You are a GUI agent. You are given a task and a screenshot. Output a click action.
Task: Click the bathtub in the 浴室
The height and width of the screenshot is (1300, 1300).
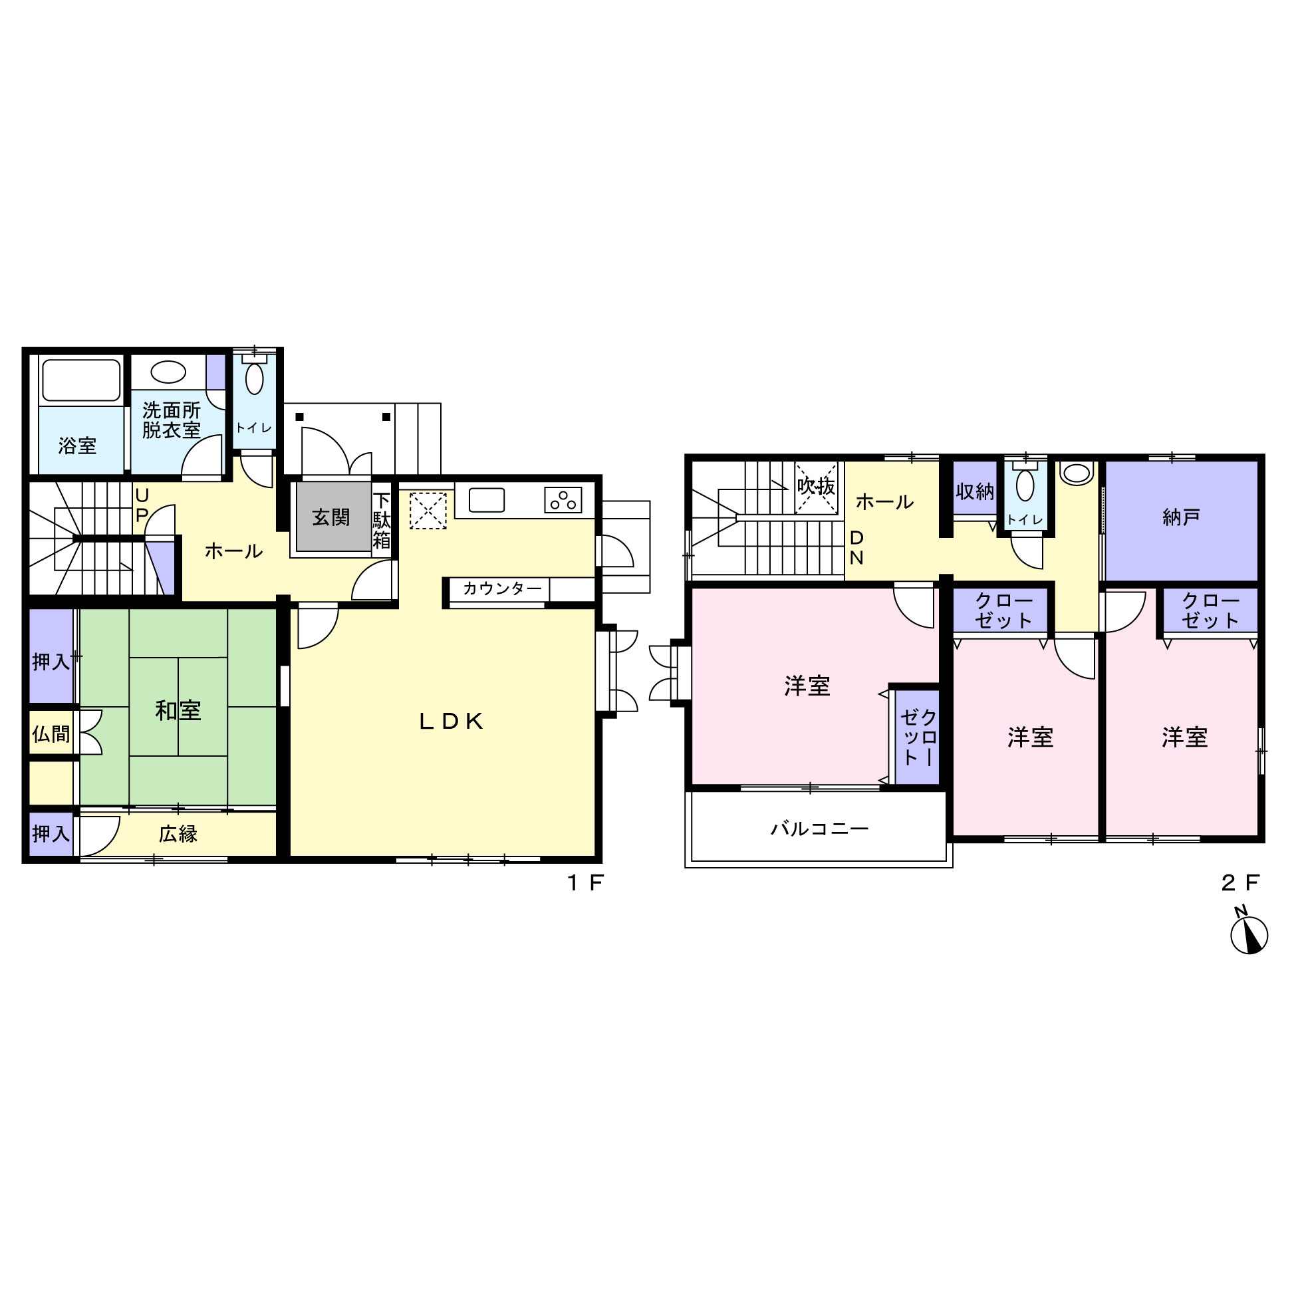pos(81,380)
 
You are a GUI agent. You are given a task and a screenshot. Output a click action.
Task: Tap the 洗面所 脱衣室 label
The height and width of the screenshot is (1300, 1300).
pos(172,420)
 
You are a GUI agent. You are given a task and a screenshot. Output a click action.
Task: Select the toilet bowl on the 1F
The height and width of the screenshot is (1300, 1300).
pos(254,378)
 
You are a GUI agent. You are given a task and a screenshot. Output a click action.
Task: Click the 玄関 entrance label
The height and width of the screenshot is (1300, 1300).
pos(331,517)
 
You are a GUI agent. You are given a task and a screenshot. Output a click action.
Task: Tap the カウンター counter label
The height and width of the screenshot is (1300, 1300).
pos(502,588)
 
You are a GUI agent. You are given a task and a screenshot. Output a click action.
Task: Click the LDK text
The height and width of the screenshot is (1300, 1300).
pos(451,721)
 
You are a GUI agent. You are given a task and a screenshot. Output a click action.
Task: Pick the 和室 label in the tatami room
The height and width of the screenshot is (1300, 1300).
pos(178,711)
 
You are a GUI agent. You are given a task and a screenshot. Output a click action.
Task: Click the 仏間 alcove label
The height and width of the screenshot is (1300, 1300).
pos(51,734)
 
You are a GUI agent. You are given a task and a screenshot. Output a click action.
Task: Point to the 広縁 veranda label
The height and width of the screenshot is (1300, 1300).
pos(178,835)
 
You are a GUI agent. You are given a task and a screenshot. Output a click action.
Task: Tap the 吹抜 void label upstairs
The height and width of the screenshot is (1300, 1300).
pos(816,486)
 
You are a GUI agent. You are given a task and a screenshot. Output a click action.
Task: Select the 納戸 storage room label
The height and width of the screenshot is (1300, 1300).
pos(1181,517)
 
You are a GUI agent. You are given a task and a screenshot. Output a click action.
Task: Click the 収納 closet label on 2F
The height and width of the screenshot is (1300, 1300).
pos(975,492)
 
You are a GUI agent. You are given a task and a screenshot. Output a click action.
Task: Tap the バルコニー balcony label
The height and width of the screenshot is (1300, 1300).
pos(819,829)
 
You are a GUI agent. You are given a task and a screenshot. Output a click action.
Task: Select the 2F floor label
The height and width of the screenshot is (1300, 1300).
pos(1240,882)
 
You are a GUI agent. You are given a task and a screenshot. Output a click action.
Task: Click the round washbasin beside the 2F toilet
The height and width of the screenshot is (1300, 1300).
pos(1077,473)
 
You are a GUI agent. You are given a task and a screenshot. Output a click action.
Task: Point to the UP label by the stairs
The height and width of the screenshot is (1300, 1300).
pos(142,505)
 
